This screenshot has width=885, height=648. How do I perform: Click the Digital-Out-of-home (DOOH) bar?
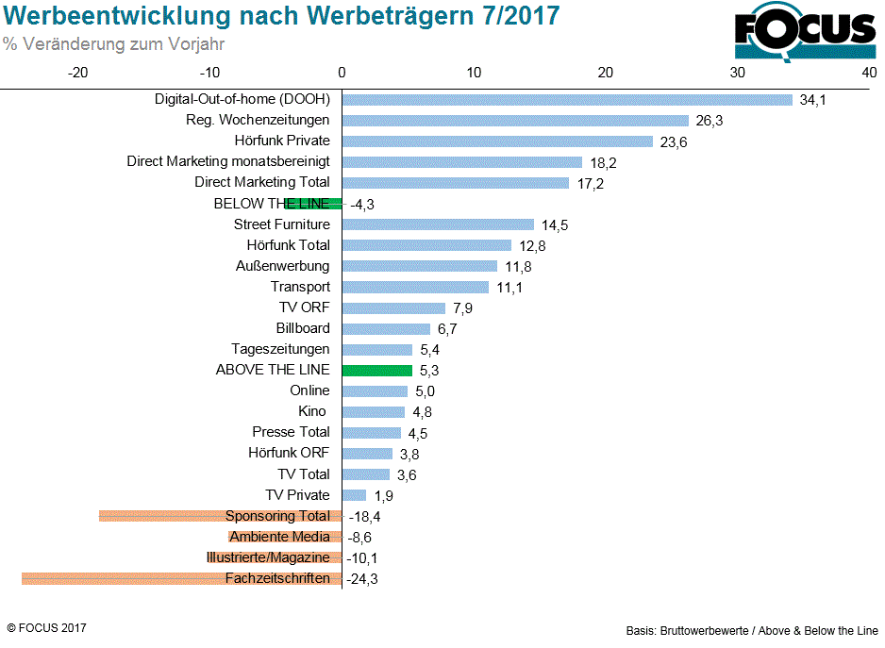(x=566, y=100)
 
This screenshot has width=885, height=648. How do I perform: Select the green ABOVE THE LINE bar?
(x=376, y=371)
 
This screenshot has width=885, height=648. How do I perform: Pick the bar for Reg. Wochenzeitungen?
(x=514, y=121)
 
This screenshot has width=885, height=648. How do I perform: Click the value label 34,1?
(x=812, y=100)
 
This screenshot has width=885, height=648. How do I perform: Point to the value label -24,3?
(x=364, y=578)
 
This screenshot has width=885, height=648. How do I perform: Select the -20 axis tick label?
(x=78, y=72)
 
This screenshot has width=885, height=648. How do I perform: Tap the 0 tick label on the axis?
(x=342, y=72)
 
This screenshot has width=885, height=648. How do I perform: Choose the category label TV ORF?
(x=304, y=307)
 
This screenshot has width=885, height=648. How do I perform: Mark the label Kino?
(x=311, y=411)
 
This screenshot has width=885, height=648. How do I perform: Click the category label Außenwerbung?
(x=282, y=266)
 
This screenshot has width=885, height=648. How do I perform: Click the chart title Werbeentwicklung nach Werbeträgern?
(x=281, y=16)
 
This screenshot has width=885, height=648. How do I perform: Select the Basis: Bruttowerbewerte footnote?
(x=751, y=630)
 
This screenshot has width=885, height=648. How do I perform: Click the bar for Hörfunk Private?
(x=497, y=141)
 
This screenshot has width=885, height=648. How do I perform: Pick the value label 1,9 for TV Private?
(x=384, y=495)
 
